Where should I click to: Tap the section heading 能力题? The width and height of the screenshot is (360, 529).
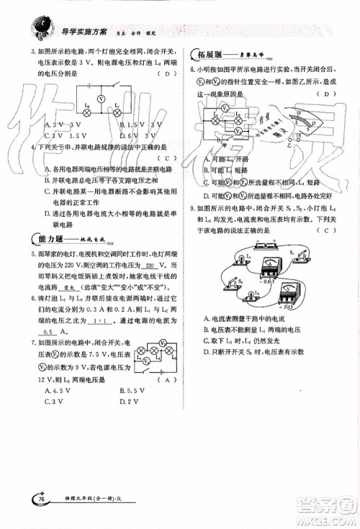[48, 239]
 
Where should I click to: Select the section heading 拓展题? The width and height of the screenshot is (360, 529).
[207, 55]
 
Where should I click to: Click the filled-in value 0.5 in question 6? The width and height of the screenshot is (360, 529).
[48, 332]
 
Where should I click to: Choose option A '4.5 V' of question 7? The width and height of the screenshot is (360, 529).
[55, 390]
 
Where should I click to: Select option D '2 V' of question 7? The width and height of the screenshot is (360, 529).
[129, 401]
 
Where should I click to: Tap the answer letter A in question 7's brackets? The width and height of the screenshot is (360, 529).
[167, 379]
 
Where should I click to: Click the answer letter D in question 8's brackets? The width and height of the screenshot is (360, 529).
[328, 94]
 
